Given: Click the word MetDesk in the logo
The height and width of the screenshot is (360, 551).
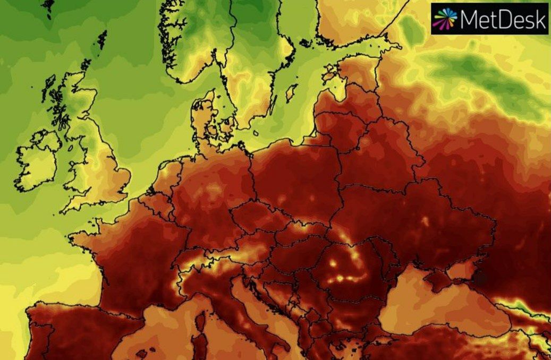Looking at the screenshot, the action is click(x=503, y=20).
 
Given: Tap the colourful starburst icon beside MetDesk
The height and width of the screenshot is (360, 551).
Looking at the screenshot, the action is click(x=445, y=19).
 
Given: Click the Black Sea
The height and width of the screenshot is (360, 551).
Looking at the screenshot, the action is click(x=425, y=308).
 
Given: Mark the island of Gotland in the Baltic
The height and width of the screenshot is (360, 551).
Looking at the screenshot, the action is click(x=291, y=93).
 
